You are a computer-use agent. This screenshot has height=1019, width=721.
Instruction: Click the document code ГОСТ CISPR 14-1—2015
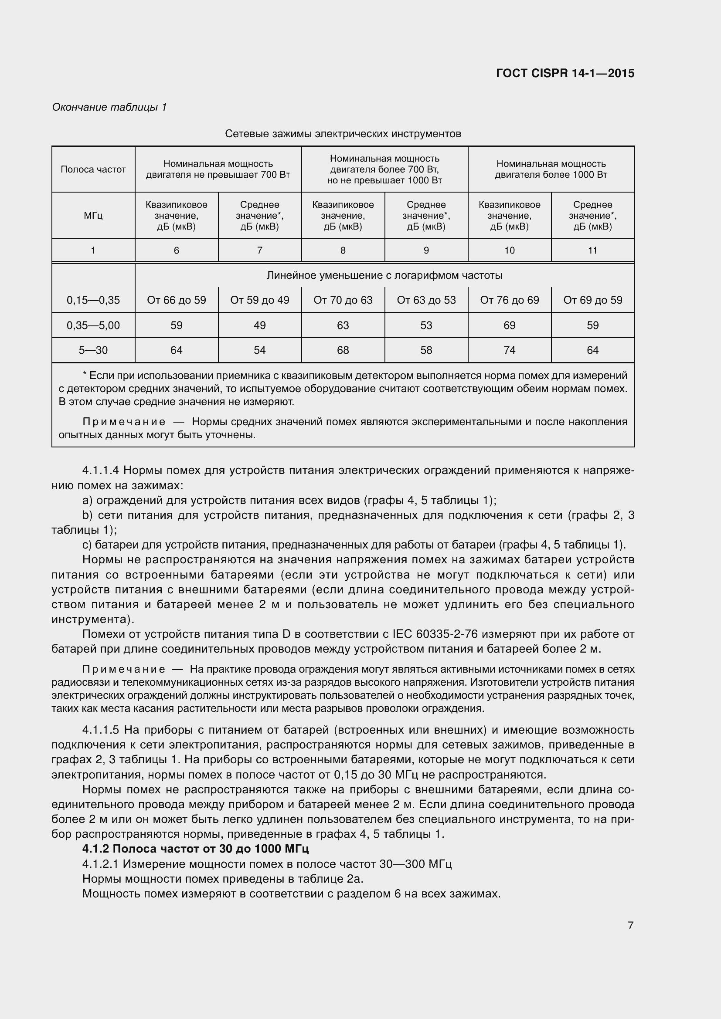(565, 73)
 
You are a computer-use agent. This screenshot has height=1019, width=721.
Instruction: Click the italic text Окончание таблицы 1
(109, 107)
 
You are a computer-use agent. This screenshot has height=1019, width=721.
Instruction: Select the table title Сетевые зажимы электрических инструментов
(343, 134)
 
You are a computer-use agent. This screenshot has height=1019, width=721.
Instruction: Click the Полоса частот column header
(93, 169)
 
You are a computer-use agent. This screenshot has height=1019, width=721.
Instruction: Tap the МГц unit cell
(93, 216)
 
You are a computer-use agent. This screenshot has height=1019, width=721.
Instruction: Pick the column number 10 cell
(509, 251)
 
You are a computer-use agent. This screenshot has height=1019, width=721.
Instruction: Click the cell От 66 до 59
(176, 300)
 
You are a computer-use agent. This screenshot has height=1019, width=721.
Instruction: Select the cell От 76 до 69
(509, 300)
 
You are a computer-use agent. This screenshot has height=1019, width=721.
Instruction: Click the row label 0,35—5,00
(93, 325)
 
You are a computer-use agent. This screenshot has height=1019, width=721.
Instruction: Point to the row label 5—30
(93, 350)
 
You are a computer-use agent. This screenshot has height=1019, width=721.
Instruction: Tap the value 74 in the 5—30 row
(509, 350)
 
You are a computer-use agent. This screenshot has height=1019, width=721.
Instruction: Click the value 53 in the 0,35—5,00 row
(426, 325)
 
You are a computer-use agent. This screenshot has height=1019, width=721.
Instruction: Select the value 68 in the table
(343, 350)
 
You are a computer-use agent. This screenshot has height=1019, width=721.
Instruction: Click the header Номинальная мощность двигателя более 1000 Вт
(551, 169)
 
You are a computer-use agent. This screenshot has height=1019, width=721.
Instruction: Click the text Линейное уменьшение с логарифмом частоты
(384, 276)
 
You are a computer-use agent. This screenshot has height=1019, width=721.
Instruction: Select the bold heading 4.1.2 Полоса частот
(195, 849)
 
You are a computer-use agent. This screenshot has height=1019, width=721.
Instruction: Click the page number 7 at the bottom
(630, 925)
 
